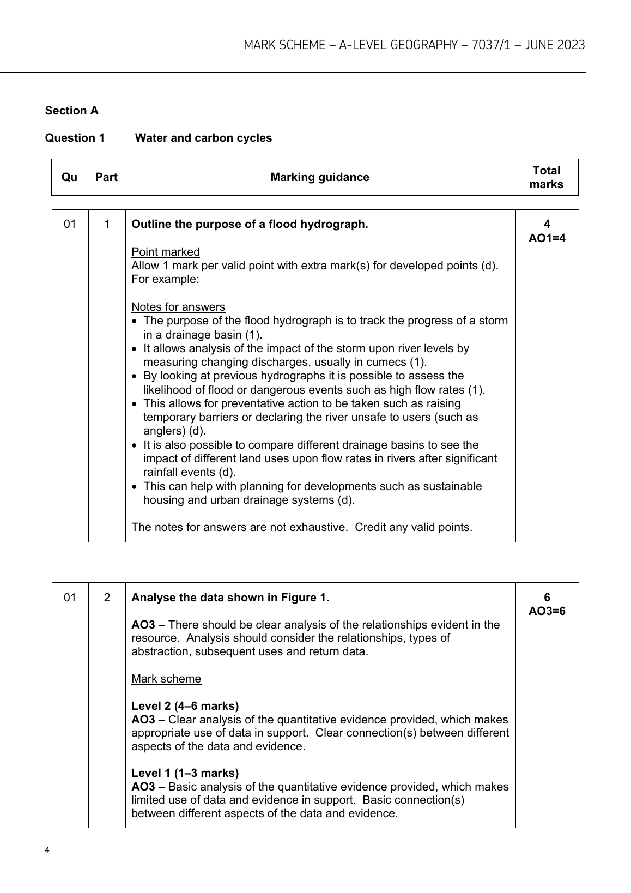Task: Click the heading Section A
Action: [x=72, y=111]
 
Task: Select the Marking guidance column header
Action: [x=320, y=177]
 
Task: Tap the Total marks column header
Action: [x=546, y=177]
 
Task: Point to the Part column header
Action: [x=106, y=177]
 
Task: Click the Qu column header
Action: [x=70, y=177]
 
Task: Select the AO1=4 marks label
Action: [x=547, y=238]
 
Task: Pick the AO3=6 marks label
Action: [x=547, y=611]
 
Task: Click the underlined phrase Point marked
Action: [x=166, y=252]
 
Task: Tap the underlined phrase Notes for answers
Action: [x=178, y=307]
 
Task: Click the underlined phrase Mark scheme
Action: [x=166, y=679]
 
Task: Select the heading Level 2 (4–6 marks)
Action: [x=185, y=706]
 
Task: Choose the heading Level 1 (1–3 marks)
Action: [x=185, y=773]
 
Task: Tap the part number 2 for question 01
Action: [x=107, y=598]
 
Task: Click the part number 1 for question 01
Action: [x=107, y=224]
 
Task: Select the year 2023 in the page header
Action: [x=570, y=45]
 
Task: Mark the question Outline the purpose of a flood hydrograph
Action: [x=250, y=224]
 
